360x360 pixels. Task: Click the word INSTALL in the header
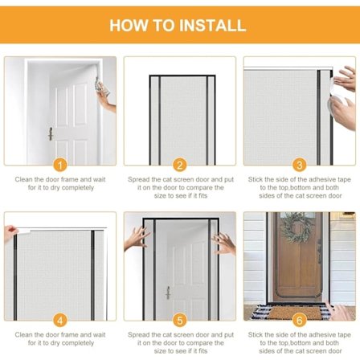pos(212,25)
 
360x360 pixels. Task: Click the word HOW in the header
pos(129,25)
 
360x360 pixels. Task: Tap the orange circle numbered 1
pos(60,165)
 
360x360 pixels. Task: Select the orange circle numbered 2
pos(180,165)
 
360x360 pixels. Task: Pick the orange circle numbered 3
pos(300,165)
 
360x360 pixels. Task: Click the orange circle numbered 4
pos(60,321)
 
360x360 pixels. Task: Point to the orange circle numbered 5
pos(180,321)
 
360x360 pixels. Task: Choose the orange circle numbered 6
pos(300,321)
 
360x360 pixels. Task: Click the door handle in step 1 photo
pos(50,133)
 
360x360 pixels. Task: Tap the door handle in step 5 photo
pos(168,292)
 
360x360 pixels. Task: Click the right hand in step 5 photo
pos(224,243)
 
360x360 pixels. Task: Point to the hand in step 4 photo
pos(10,232)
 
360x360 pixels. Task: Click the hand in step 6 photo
pos(340,311)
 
